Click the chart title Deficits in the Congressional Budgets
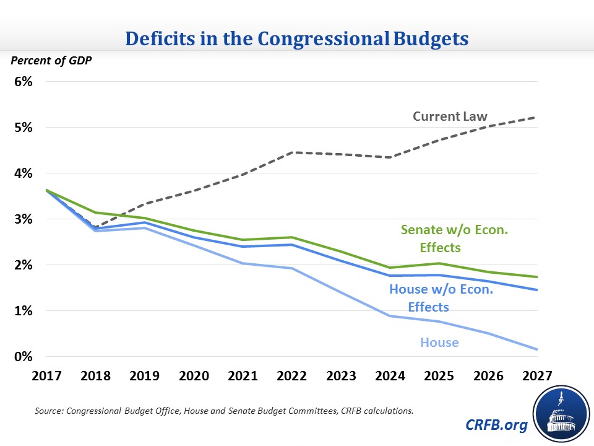click(x=297, y=38)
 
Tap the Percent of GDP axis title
click(x=45, y=61)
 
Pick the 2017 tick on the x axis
click(x=47, y=375)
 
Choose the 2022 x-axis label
click(x=292, y=375)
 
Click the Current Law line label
click(x=450, y=116)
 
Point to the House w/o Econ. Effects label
click(x=441, y=297)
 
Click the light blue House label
click(x=439, y=342)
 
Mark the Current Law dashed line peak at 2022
click(x=292, y=152)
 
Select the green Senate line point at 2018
click(x=96, y=212)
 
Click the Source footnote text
click(x=223, y=411)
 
